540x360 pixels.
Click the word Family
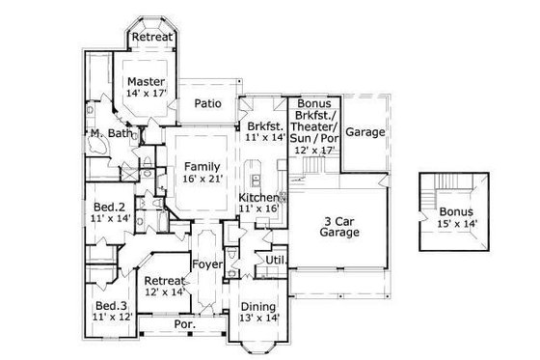point(202,166)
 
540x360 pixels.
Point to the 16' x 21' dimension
point(202,179)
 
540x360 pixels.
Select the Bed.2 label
point(108,208)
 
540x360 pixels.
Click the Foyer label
point(207,263)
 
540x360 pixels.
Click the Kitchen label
point(259,196)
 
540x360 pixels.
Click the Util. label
point(274,260)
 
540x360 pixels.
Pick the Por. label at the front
point(183,325)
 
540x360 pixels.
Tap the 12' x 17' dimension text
point(315,152)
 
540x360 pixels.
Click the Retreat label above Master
point(152,37)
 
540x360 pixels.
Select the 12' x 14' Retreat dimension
point(164,291)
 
